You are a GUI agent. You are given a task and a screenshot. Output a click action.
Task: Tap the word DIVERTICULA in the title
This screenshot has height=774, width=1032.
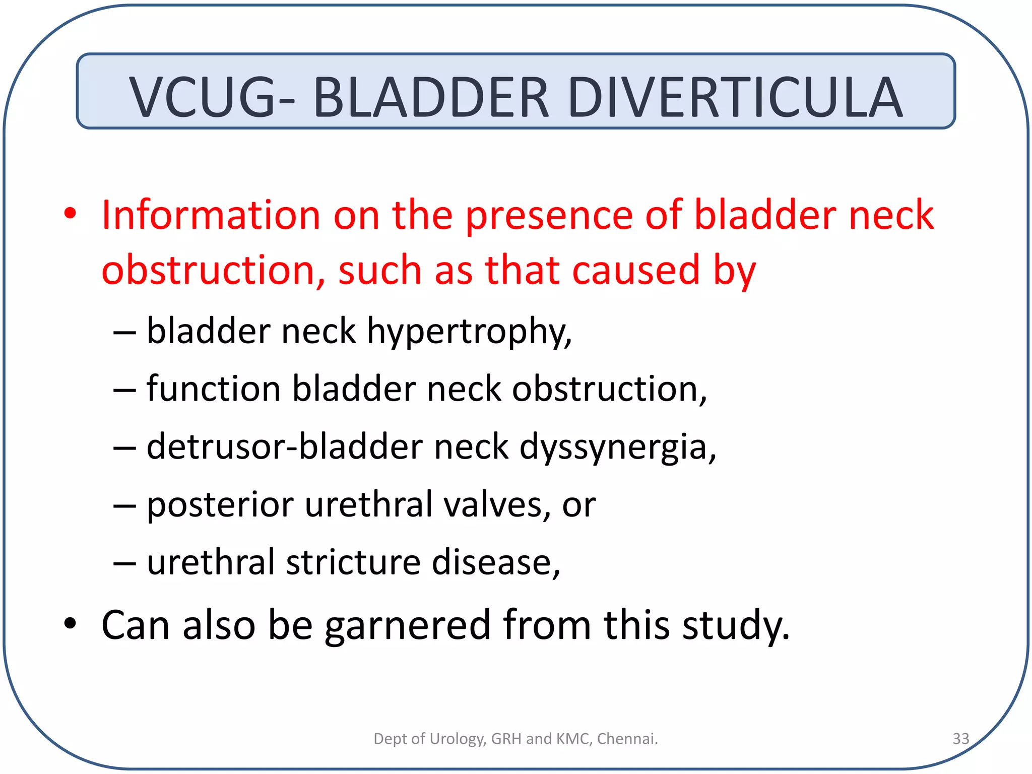click(735, 97)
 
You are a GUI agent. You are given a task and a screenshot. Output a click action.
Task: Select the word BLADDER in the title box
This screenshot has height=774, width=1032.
click(431, 97)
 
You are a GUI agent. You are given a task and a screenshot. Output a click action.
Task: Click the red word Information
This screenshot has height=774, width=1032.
click(211, 215)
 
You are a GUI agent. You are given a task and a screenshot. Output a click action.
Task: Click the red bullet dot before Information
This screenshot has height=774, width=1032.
click(70, 214)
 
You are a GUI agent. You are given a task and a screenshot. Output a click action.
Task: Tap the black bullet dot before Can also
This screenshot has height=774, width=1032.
click(70, 624)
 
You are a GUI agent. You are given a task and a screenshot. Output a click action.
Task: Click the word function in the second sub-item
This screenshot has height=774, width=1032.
click(213, 389)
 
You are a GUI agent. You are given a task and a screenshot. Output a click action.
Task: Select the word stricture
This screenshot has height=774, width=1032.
click(353, 562)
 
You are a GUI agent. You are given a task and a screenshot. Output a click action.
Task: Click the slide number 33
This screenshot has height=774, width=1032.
click(960, 739)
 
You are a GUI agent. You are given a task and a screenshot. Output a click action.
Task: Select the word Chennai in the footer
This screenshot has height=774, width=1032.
click(627, 739)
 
